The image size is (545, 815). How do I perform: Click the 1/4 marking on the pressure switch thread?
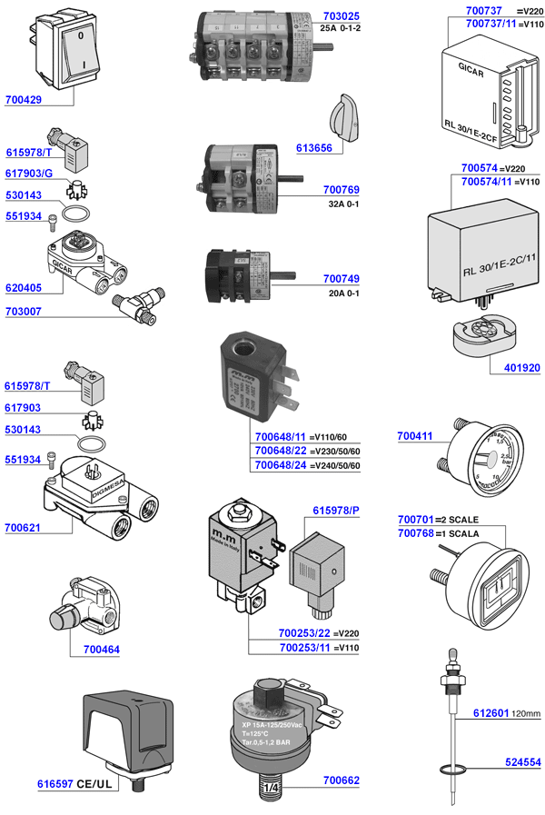click(x=273, y=793)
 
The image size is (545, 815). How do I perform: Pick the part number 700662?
click(x=341, y=780)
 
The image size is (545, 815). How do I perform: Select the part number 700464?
click(x=101, y=650)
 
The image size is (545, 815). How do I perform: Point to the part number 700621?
click(x=24, y=526)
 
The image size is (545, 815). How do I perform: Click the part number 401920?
click(x=522, y=368)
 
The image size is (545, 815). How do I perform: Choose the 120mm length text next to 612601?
click(x=526, y=712)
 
